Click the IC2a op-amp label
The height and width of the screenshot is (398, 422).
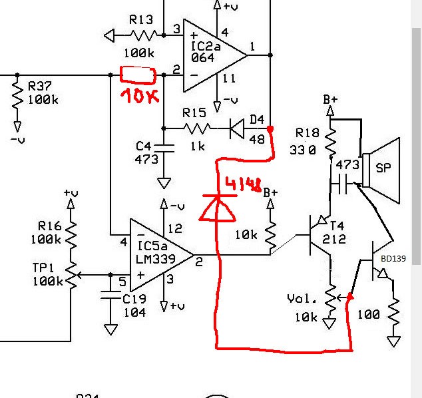coord(206,47)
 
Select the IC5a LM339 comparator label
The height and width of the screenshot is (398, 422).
coord(155,252)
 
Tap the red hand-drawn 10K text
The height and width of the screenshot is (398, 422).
coord(140,96)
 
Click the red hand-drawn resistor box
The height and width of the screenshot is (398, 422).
coord(138,75)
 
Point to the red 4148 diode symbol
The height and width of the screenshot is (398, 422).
coord(218,208)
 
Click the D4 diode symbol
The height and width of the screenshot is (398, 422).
coord(237,128)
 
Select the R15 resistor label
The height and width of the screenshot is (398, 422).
coord(194,112)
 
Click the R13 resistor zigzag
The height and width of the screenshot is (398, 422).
coord(144,35)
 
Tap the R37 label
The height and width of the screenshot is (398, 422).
coord(39,87)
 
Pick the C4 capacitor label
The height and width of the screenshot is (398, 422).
coord(144,146)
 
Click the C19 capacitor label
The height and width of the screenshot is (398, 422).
coord(134,299)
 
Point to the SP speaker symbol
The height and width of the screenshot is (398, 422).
coord(381,170)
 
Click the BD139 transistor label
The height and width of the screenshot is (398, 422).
coord(393,259)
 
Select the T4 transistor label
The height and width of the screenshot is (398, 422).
coord(337,226)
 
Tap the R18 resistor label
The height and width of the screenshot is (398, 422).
coord(308,132)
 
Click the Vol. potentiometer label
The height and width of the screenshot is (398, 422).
coord(302,299)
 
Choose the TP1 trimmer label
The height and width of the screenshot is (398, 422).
coord(43,268)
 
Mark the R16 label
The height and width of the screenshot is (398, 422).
coord(49,226)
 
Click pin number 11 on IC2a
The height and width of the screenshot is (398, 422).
coord(229,79)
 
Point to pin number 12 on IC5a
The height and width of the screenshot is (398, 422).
coord(175,228)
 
